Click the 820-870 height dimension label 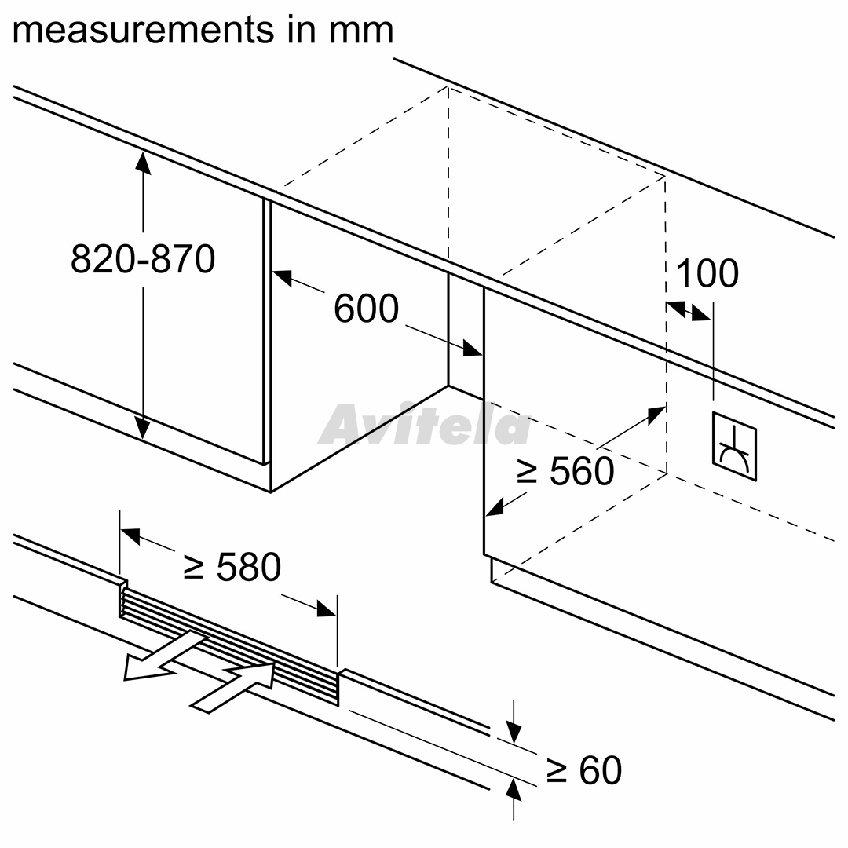pos(143,258)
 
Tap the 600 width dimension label pos(366,309)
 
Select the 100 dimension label pos(707,273)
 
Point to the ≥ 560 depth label pos(565,470)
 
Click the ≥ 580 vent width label pos(232,567)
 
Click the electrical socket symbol pos(734,446)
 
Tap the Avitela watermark pos(426,425)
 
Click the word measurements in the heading pos(144,30)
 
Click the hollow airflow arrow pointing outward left pos(164,656)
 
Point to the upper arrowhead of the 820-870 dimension pos(143,162)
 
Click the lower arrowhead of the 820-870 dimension pos(142,428)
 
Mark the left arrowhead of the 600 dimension pos(282,277)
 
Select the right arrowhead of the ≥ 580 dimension pos(327,609)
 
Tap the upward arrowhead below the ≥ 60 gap pos(514,790)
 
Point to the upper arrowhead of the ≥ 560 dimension pos(656,415)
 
